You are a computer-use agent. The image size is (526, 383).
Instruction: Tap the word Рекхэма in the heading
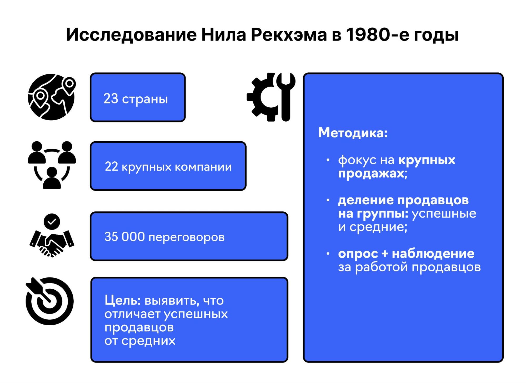tap(288, 35)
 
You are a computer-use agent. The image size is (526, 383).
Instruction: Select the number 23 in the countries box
tap(111, 99)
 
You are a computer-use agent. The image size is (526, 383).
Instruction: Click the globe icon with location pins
tap(52, 97)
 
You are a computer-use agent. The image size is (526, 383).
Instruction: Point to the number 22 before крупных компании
tap(111, 167)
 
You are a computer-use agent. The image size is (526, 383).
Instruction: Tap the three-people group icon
tap(52, 165)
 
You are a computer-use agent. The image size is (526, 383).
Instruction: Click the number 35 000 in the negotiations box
tap(124, 237)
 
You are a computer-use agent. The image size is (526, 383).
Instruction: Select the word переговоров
tap(187, 237)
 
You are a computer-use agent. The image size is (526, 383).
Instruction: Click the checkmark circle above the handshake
tap(52, 221)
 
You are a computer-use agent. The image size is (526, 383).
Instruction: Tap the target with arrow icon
tap(50, 301)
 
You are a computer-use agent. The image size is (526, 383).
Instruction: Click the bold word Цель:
tap(123, 300)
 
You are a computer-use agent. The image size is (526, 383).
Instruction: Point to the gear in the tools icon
tap(261, 97)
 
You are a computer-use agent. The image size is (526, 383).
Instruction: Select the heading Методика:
tap(353, 132)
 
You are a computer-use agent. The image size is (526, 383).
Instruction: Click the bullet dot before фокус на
tap(328, 160)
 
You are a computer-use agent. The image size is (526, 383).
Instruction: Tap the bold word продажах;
tap(373, 173)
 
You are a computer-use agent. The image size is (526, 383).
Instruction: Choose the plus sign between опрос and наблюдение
tap(384, 253)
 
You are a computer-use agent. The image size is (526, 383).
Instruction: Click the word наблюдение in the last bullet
tap(433, 253)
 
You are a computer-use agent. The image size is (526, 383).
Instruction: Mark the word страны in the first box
tap(145, 99)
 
